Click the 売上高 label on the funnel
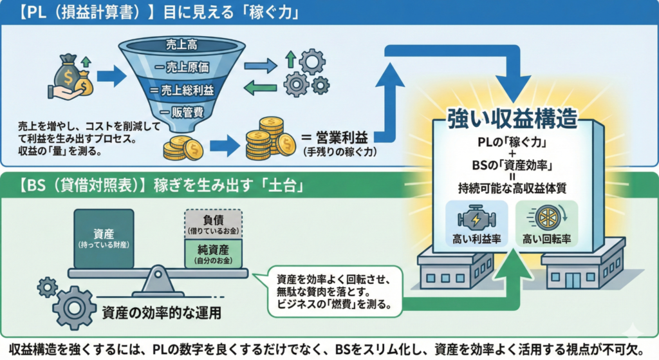(181, 44)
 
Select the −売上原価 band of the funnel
(181, 67)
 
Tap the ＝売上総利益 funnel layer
(181, 90)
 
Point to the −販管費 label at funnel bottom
(181, 112)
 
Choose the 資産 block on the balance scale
(104, 238)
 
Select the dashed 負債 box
(213, 224)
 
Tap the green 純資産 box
(213, 254)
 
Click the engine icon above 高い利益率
(476, 219)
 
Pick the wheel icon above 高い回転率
(547, 218)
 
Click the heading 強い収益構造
(512, 118)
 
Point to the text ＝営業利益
(335, 138)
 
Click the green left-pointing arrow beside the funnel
(260, 88)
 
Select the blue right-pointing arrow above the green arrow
(261, 66)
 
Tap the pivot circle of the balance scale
(158, 274)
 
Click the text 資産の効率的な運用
(162, 313)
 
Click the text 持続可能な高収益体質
(512, 188)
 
